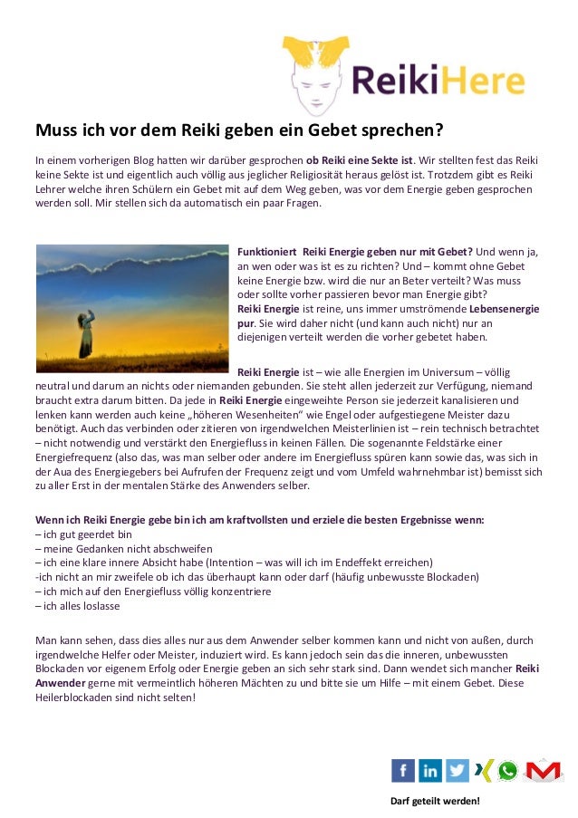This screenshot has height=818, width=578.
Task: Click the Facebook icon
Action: point(403,770)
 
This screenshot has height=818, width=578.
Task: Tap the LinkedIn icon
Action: point(430,770)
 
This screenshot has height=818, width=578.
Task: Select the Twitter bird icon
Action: point(458,770)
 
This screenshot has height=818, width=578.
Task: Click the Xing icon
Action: point(483,770)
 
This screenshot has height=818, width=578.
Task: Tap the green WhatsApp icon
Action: point(508,770)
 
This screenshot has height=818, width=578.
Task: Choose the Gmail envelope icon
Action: point(543,770)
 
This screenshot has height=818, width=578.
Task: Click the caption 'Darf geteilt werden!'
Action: point(434,802)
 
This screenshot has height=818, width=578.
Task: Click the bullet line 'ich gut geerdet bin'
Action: point(82,534)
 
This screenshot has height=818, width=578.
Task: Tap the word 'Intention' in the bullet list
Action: point(259,563)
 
